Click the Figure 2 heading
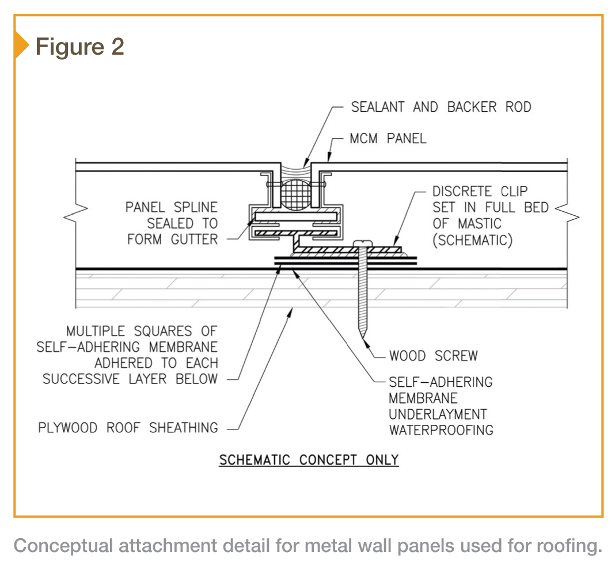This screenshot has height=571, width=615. pos(79,47)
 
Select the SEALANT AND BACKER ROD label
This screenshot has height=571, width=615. pos(441,107)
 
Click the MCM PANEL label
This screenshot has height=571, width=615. pos(388,139)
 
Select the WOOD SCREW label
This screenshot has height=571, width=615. pos(433,356)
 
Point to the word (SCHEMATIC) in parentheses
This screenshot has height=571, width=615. pos(472,239)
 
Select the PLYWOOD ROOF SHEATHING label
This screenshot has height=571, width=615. pos(128,428)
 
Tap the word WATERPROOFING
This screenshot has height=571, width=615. pos(441,430)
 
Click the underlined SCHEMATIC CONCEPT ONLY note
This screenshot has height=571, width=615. pos(309,460)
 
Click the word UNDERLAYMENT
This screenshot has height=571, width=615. pos(438,414)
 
